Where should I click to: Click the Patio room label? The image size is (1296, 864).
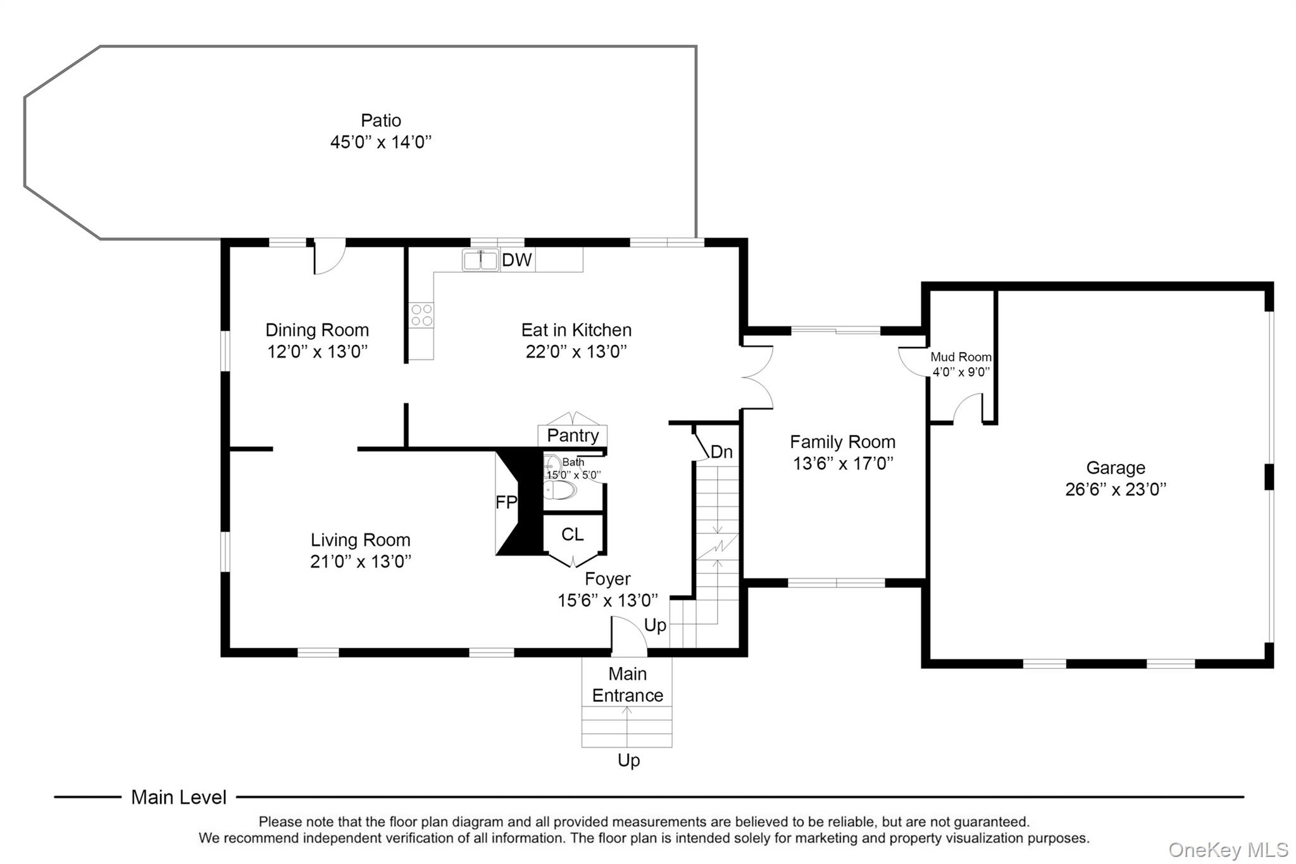tap(380, 120)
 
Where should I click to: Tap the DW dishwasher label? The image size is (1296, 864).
tap(516, 260)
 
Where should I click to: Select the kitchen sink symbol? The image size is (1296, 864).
tap(480, 260)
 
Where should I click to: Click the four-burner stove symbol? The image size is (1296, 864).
tap(421, 315)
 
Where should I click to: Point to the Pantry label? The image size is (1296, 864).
tap(573, 435)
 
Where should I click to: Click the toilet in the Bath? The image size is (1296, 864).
tap(560, 489)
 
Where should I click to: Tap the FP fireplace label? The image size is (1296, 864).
tap(506, 502)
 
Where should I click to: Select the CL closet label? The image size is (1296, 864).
tap(572, 535)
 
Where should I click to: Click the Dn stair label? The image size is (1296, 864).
tap(721, 452)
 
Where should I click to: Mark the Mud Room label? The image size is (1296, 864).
tap(960, 357)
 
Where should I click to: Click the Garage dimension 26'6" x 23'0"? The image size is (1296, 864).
tap(1115, 489)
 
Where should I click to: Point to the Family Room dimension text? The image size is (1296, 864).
tap(842, 463)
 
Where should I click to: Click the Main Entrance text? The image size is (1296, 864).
tap(627, 684)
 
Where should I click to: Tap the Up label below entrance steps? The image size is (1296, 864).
tap(628, 760)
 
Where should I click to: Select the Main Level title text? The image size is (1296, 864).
tap(178, 797)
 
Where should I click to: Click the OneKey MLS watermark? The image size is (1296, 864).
tap(1228, 849)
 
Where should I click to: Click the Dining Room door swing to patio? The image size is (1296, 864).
tap(329, 258)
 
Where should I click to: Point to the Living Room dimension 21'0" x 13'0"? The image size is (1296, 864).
tap(360, 561)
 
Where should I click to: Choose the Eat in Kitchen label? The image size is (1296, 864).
tap(576, 330)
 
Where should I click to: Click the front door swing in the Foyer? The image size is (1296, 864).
tap(628, 634)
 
